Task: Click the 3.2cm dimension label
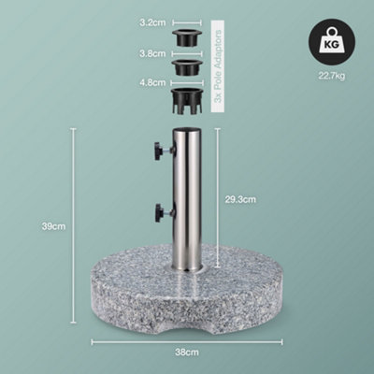(153, 44)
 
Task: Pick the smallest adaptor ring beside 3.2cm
(187, 41)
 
